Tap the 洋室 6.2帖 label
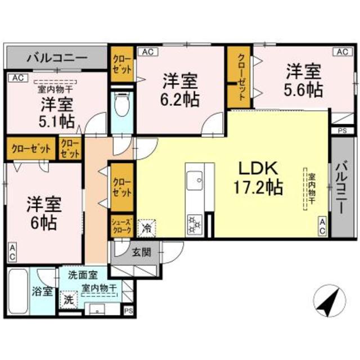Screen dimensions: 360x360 (x=180, y=90)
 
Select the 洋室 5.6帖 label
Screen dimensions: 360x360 (x=303, y=79)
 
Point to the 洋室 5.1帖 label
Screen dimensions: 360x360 (x=56, y=112)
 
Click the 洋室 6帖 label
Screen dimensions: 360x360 (x=43, y=212)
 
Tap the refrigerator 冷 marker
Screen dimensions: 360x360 (x=145, y=227)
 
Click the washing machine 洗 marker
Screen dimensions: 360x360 (x=67, y=299)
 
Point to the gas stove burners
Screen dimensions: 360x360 (x=194, y=223)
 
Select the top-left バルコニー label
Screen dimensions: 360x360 (x=56, y=57)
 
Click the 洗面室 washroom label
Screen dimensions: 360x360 (x=83, y=275)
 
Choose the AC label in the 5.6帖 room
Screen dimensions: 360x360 (x=342, y=52)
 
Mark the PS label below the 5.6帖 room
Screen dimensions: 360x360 (x=342, y=131)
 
